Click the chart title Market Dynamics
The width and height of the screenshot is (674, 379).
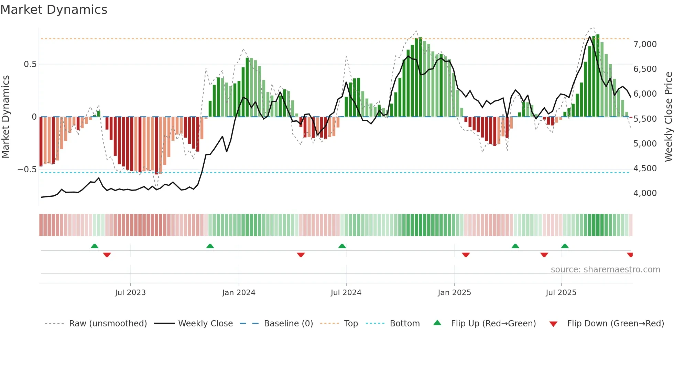point(54,10)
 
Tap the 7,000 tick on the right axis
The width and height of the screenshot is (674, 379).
point(645,44)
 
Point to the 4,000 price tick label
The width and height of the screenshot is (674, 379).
point(645,193)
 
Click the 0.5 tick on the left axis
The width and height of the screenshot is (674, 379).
point(30,64)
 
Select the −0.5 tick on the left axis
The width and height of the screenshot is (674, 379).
point(27,170)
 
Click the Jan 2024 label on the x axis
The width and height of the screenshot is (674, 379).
point(239,293)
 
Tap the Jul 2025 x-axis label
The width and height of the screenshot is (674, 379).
point(561,293)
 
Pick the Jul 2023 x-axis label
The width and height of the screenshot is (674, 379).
point(130,293)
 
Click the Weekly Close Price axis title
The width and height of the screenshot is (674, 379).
point(668,117)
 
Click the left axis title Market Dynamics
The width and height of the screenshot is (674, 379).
point(6,117)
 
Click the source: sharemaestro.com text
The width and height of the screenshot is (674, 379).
point(605,270)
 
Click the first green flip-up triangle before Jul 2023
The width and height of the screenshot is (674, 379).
point(95,246)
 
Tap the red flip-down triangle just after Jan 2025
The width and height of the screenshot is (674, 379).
point(466,255)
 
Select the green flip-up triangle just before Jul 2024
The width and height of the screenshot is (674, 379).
point(342,246)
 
